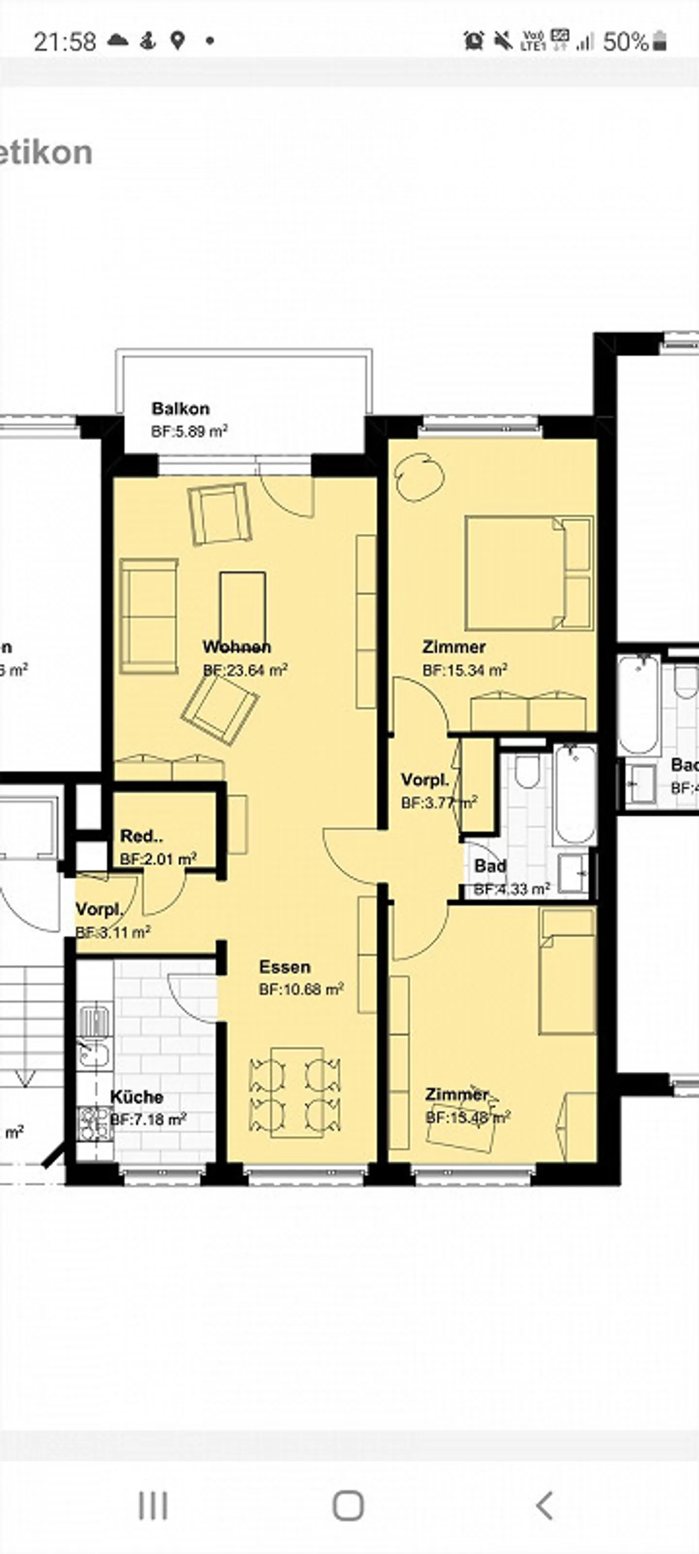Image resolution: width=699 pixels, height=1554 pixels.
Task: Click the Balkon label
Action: (x=180, y=408)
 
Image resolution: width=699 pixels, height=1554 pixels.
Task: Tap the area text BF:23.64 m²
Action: (x=245, y=670)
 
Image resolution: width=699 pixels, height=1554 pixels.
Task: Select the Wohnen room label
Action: (x=236, y=647)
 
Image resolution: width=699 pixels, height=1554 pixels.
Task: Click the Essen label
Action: (x=284, y=967)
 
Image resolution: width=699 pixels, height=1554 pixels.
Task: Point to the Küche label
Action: (x=136, y=1097)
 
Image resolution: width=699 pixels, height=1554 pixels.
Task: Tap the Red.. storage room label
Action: (x=141, y=836)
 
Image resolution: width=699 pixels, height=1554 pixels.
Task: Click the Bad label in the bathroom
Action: (x=490, y=866)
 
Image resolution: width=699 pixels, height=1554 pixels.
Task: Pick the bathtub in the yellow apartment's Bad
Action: (x=575, y=795)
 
